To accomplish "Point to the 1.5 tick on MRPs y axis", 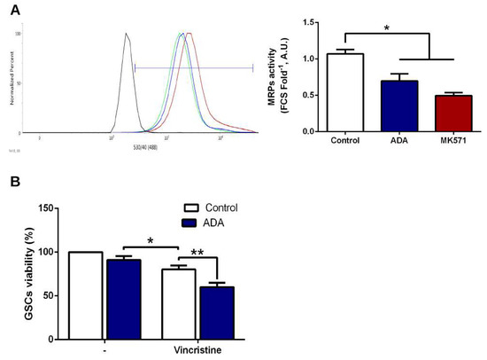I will [x=311, y=22].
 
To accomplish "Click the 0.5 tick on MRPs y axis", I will [x=311, y=95].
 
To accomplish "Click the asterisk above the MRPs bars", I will [x=388, y=28].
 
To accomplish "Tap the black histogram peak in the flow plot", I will [x=127, y=36].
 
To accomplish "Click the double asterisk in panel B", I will [x=197, y=254].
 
